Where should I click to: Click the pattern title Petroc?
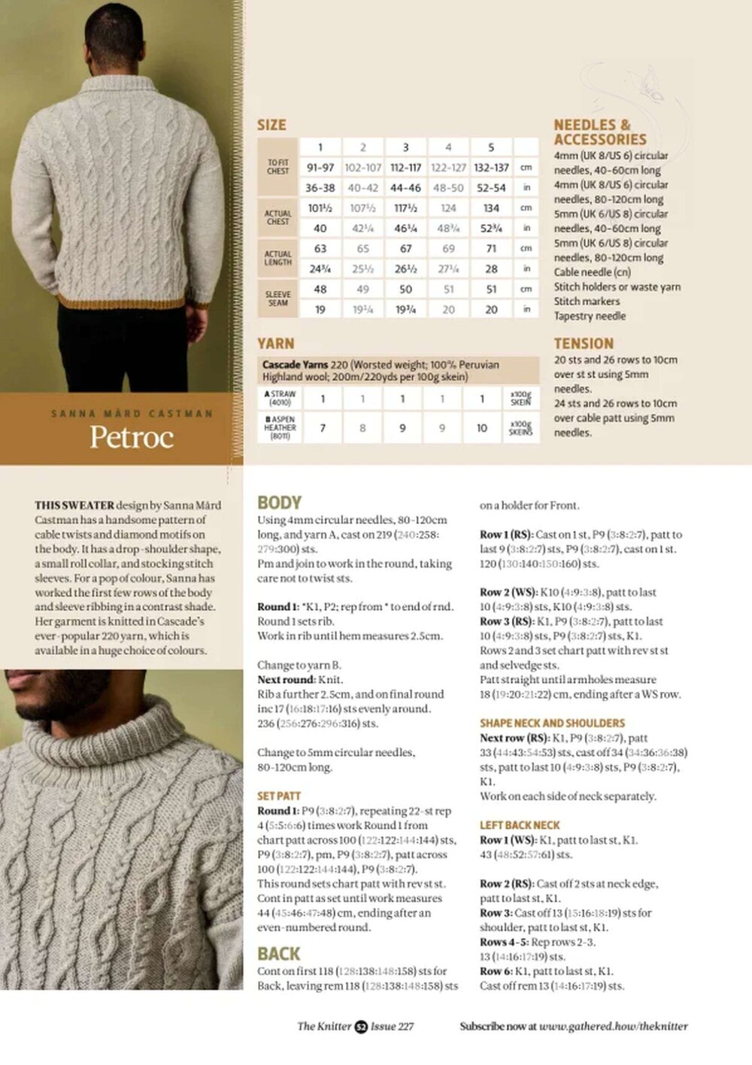[x=132, y=437]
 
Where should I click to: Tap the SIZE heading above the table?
[x=271, y=125]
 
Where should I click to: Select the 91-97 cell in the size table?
[x=320, y=168]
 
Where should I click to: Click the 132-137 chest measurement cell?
[x=491, y=168]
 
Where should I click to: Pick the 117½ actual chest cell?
[x=405, y=208]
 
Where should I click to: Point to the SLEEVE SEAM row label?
[x=278, y=299]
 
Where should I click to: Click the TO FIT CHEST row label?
[x=278, y=167]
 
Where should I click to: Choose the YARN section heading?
[x=275, y=344]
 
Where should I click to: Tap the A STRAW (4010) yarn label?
[x=280, y=398]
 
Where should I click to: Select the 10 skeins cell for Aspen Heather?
[x=482, y=428]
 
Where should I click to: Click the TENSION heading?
[x=584, y=344]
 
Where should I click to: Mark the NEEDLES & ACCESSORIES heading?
[x=600, y=132]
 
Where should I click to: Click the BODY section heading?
[x=279, y=502]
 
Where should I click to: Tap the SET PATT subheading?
[x=279, y=796]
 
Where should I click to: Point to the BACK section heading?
[x=278, y=954]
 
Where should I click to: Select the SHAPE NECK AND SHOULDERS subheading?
[x=552, y=723]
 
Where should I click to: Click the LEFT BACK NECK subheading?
[x=520, y=825]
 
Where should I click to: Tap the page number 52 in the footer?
[x=361, y=1026]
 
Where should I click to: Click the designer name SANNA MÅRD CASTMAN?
[x=132, y=414]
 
